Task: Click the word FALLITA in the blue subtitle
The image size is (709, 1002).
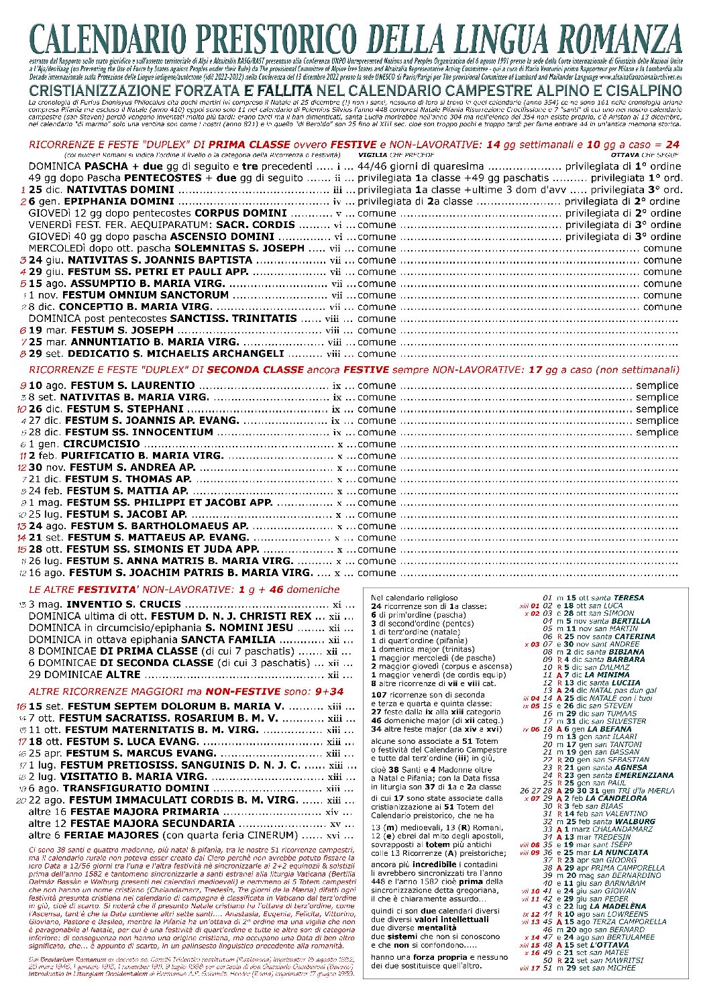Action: tap(286, 90)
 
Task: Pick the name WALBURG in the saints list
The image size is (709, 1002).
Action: tap(634, 822)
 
